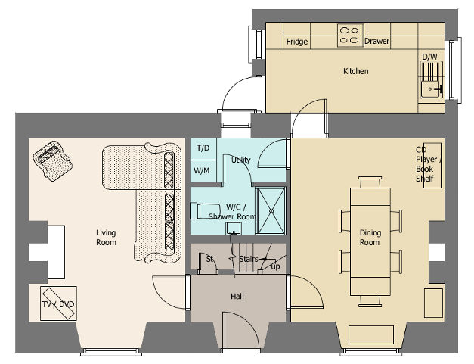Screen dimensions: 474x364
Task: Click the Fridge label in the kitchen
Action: (297, 42)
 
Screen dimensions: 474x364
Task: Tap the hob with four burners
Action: (350, 36)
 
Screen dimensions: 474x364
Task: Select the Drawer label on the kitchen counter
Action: (376, 41)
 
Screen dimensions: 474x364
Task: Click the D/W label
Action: (429, 57)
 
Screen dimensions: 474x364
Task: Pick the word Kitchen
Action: (356, 71)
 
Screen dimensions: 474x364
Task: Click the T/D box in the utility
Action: (203, 149)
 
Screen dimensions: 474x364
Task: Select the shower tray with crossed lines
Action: (271, 210)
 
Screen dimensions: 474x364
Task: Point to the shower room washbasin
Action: (234, 229)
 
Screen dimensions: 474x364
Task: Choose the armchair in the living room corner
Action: (53, 160)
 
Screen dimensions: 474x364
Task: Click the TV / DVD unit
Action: (58, 303)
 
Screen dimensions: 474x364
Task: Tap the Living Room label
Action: (106, 238)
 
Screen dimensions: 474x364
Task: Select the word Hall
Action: (237, 297)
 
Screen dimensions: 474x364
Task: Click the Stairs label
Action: (249, 259)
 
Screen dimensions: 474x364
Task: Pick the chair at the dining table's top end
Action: (370, 182)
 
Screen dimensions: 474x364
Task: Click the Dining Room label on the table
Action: (370, 238)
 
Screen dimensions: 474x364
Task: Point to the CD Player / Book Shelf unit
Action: (432, 166)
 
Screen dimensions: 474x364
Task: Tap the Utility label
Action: (241, 160)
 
